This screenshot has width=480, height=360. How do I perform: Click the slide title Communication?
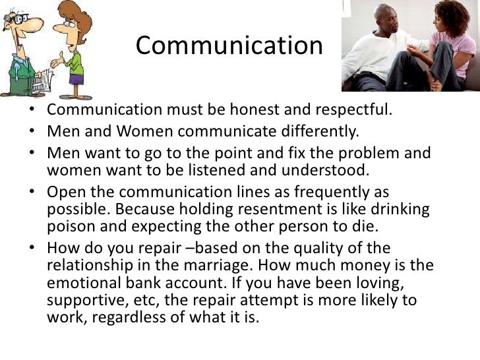(x=229, y=46)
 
